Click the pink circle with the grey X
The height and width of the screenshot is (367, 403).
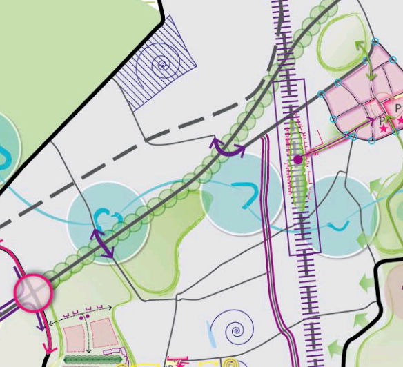[x=32, y=292]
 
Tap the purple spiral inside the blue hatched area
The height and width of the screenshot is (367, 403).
[x=163, y=66]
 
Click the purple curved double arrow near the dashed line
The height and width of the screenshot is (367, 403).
[x=228, y=146]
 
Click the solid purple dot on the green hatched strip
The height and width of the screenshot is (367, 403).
[x=297, y=159]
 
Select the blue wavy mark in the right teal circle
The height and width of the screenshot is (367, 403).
[x=337, y=226]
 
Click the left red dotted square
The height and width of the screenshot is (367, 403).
[x=75, y=336]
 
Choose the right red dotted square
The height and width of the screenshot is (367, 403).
[x=102, y=333]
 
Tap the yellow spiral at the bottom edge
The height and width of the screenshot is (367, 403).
[x=230, y=363]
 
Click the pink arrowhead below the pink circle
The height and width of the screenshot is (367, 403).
[x=48, y=345]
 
